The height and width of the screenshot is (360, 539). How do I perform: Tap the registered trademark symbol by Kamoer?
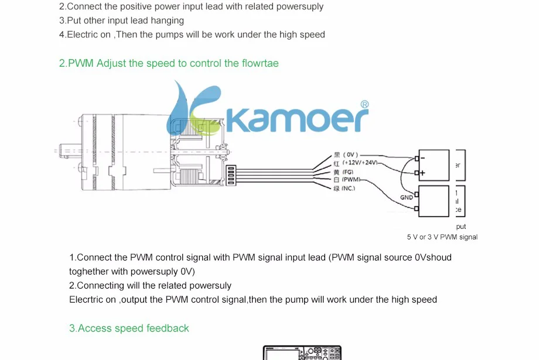click(x=363, y=105)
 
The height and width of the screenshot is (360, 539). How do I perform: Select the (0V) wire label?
click(x=350, y=155)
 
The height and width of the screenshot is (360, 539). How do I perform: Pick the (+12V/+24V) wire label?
click(x=360, y=163)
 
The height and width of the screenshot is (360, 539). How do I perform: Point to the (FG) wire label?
click(x=347, y=172)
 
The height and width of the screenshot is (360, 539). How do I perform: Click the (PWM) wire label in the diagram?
click(x=351, y=180)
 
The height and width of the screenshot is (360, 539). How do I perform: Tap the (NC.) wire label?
click(x=349, y=188)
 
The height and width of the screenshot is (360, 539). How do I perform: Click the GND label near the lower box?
click(x=407, y=197)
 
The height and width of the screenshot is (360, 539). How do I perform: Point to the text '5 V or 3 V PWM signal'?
click(x=442, y=237)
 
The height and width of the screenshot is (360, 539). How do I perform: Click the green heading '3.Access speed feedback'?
click(x=129, y=328)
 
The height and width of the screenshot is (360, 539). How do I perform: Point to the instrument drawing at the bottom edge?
click(x=302, y=353)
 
